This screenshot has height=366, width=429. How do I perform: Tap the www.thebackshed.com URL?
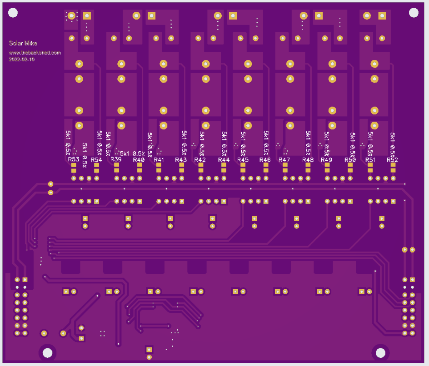click(35, 53)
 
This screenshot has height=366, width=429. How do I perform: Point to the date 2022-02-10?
click(21, 59)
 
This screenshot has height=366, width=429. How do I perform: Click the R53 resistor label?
click(74, 159)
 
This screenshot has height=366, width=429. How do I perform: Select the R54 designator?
click(96, 160)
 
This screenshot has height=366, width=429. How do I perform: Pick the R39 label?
click(116, 159)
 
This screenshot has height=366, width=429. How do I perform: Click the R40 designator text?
click(139, 160)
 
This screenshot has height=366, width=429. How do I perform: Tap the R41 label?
click(159, 160)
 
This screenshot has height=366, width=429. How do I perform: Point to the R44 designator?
click(224, 160)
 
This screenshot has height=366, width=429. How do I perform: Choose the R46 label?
click(265, 160)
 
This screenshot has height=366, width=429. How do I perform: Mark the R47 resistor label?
click(284, 160)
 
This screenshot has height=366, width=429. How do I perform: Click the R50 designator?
click(350, 160)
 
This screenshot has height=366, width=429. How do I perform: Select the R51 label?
click(370, 160)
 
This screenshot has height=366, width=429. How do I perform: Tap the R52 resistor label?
click(392, 160)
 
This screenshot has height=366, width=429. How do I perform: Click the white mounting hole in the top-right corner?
click(414, 13)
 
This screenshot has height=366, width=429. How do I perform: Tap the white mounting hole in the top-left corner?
click(12, 14)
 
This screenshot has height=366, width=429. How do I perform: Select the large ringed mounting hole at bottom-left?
click(47, 352)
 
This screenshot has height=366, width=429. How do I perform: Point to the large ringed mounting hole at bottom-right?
click(380, 352)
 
